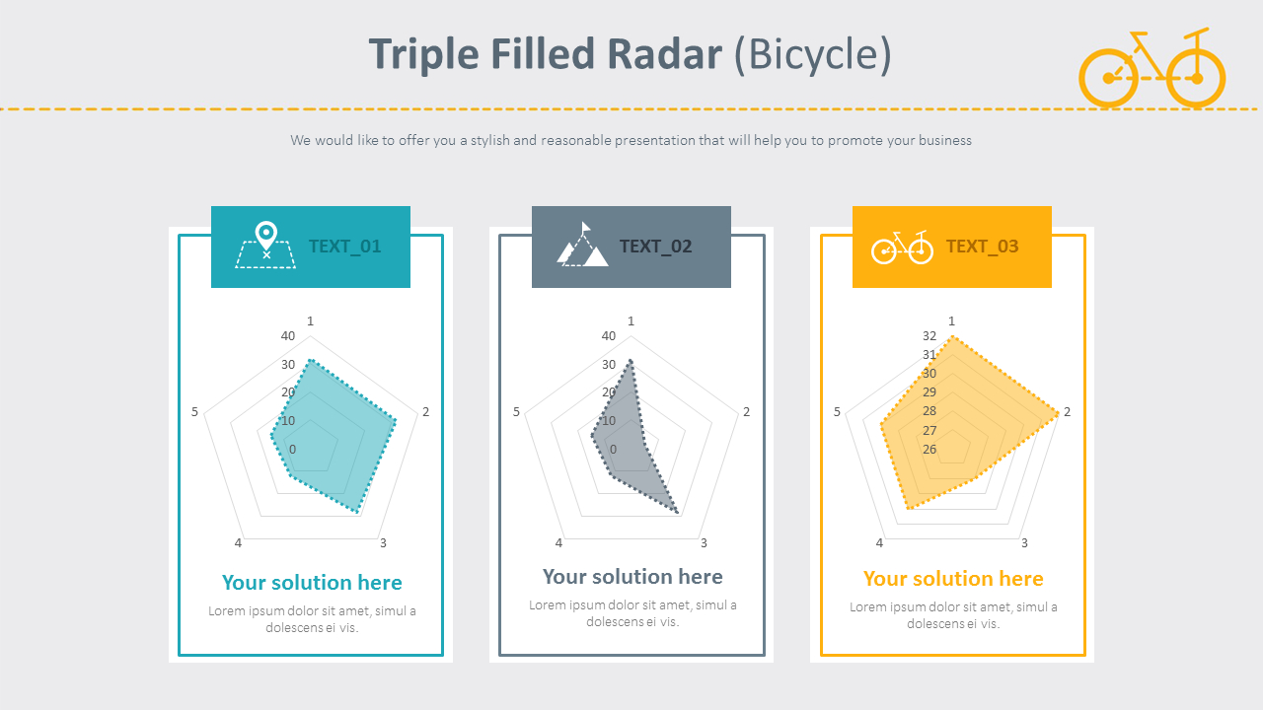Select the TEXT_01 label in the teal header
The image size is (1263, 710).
click(344, 247)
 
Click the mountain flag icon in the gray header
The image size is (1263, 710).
click(583, 246)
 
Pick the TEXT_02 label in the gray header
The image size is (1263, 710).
click(656, 247)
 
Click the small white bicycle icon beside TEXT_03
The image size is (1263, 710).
click(902, 247)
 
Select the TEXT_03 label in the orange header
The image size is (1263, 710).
click(982, 247)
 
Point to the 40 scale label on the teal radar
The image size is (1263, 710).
click(288, 336)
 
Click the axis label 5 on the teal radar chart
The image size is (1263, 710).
click(195, 411)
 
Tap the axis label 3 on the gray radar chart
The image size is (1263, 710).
click(704, 542)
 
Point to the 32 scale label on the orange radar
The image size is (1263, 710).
click(929, 336)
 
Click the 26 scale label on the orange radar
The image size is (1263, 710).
click(929, 450)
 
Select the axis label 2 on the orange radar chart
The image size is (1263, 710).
click(1067, 411)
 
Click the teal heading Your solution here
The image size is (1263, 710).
click(312, 583)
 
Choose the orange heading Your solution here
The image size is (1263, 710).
click(953, 579)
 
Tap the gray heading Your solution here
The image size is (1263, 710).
click(632, 577)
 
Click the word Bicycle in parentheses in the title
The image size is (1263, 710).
click(813, 54)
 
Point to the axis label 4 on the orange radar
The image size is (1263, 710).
click(879, 542)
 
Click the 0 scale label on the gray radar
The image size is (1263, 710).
click(613, 450)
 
